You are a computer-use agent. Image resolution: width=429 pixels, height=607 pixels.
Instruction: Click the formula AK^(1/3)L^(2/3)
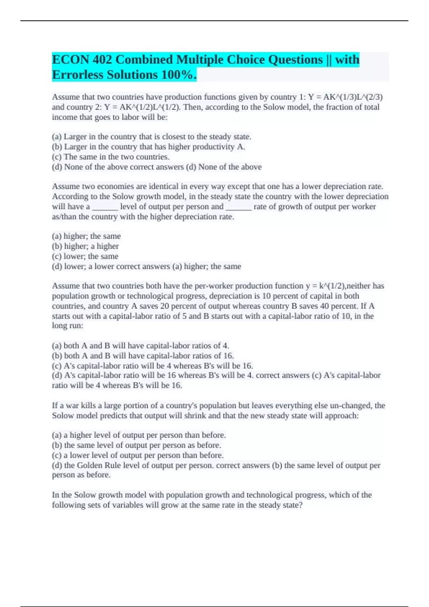coord(353,97)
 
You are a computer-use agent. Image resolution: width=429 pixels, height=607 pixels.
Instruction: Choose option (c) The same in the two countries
coord(111,157)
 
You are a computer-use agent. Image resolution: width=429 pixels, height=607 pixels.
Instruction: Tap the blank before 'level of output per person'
coord(105,207)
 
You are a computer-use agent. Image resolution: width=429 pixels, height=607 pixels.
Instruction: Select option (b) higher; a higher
coord(85,246)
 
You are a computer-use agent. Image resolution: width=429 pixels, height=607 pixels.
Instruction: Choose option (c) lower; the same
coord(85,256)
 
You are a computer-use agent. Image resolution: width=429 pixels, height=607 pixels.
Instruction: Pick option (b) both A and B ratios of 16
coord(143,356)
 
